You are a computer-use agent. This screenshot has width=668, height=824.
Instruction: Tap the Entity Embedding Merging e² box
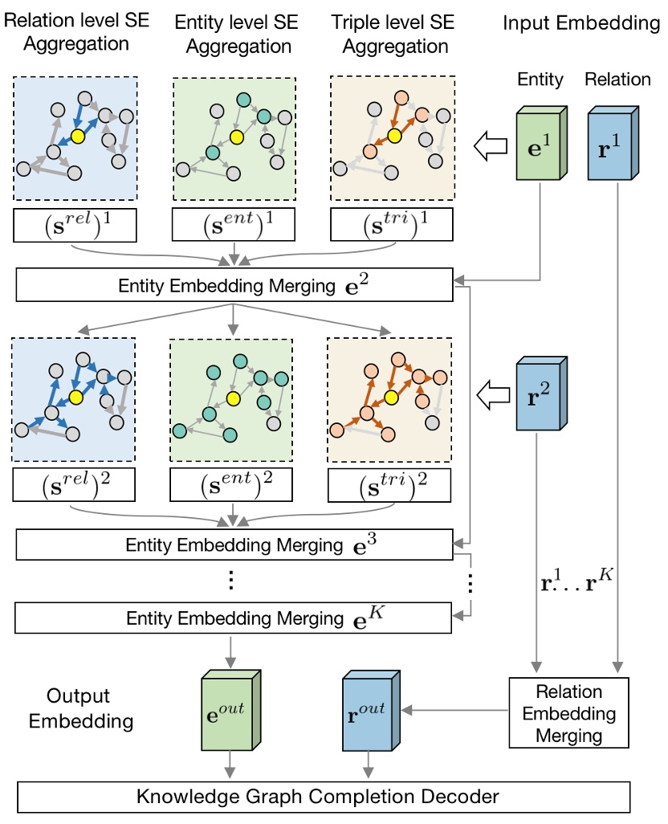[234, 285]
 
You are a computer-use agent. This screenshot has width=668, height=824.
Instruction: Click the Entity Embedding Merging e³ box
[234, 545]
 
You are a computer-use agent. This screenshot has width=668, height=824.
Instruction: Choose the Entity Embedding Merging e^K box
[234, 618]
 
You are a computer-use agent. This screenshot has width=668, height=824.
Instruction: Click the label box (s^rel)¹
[75, 224]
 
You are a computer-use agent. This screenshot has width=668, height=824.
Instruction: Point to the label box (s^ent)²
[232, 484]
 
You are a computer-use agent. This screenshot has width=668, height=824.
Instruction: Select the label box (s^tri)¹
[393, 224]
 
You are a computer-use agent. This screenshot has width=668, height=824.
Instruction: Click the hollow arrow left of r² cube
[487, 394]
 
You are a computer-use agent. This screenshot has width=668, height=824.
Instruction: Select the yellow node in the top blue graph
[78, 136]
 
